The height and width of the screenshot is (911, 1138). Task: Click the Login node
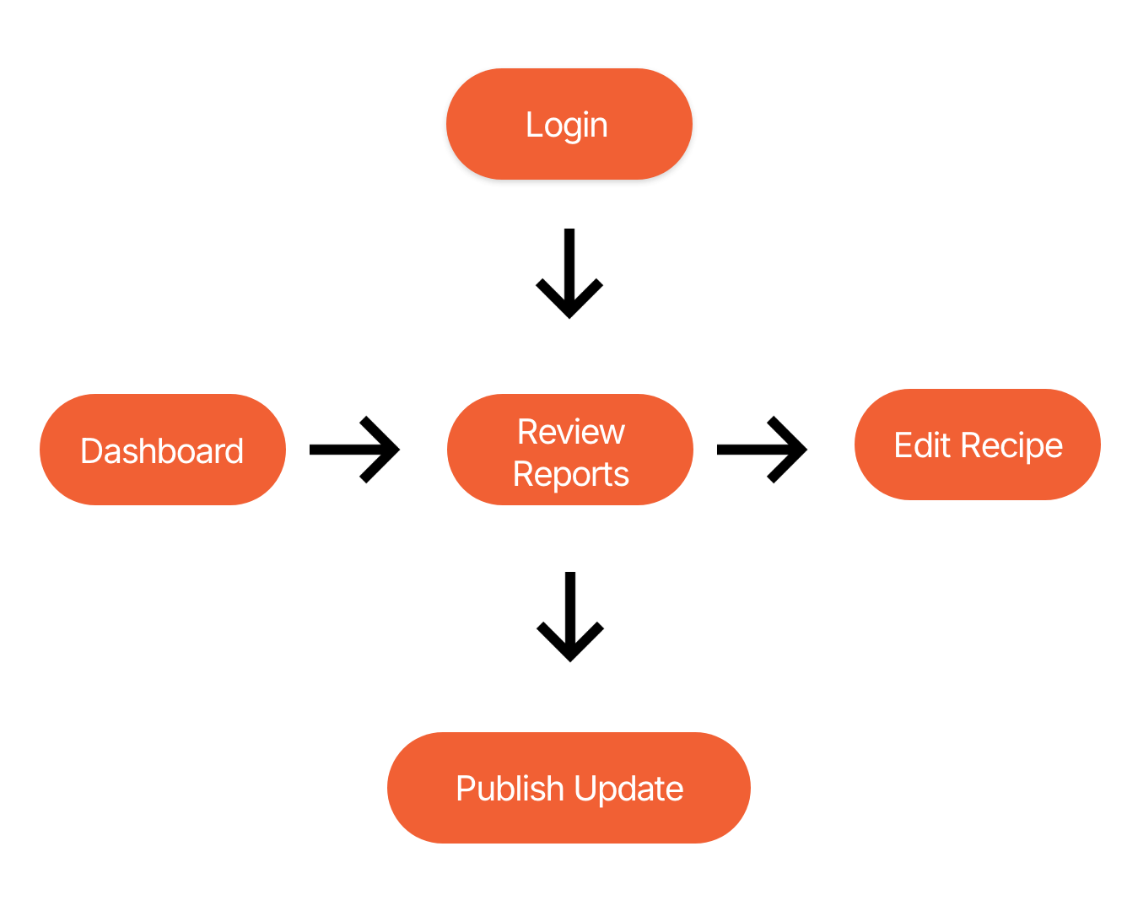point(569,124)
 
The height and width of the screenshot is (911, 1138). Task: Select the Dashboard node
point(162,449)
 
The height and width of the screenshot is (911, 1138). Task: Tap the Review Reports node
point(570,449)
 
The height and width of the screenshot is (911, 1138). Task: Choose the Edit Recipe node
point(977,445)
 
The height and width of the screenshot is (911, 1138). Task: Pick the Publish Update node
point(569,787)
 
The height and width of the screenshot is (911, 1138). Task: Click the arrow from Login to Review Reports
point(569,273)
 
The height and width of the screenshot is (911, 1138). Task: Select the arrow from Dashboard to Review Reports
point(354,450)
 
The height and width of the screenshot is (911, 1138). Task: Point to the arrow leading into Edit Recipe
point(762,450)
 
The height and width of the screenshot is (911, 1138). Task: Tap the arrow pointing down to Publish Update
point(569,617)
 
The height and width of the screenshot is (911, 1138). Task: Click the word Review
point(570,432)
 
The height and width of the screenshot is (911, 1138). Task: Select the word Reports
point(570,474)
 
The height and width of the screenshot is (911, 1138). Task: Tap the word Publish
point(510,789)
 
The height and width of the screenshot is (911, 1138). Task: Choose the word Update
point(628,789)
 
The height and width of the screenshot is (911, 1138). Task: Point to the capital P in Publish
point(467,788)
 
